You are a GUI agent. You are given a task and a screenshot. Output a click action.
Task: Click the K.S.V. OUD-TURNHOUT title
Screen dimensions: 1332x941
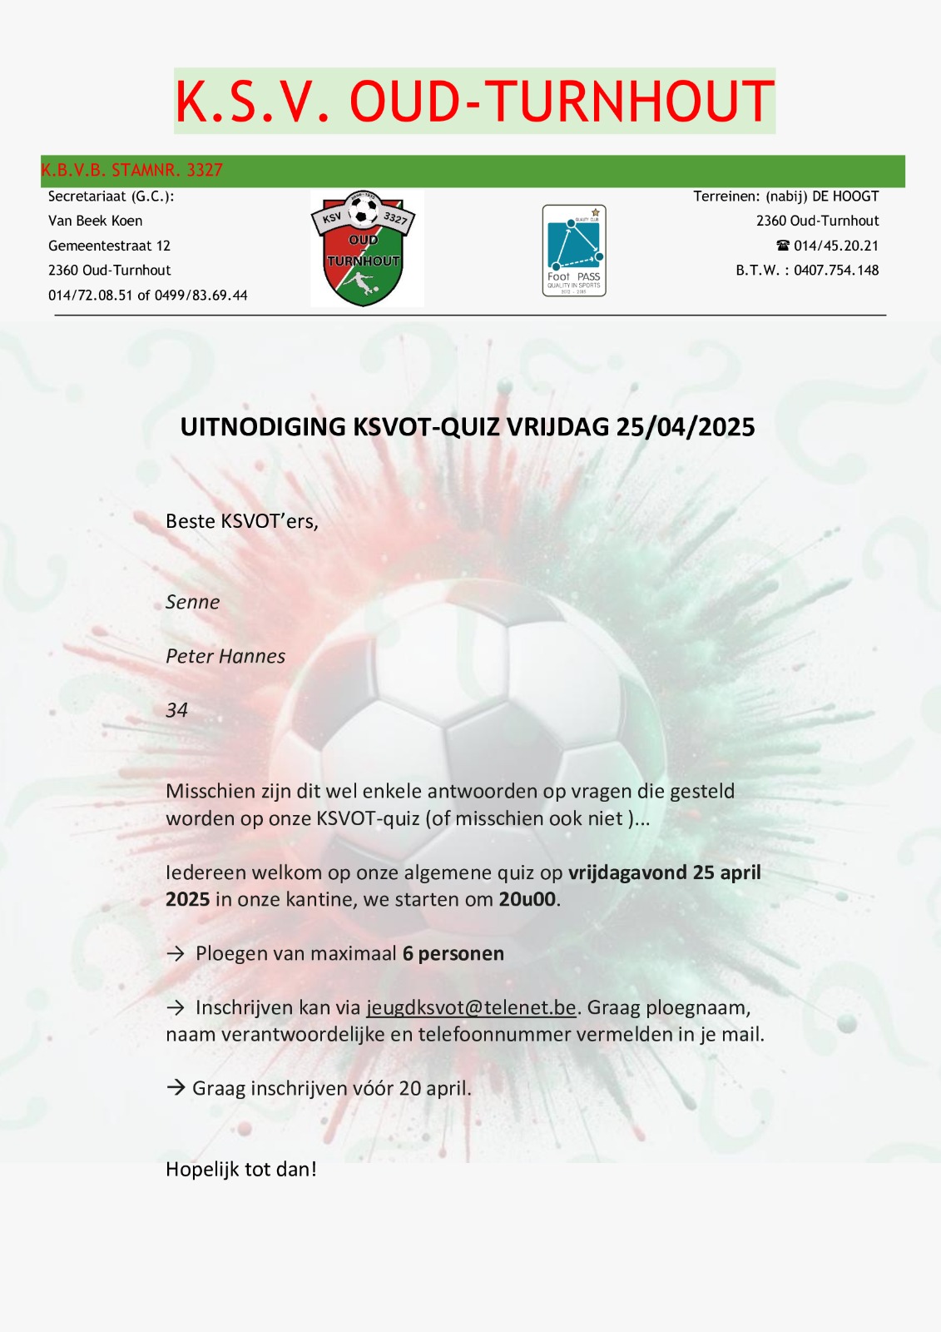click(474, 102)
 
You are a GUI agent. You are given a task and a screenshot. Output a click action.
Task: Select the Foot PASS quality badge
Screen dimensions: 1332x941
click(574, 251)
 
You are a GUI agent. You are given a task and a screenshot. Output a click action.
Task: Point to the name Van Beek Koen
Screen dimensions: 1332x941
click(95, 221)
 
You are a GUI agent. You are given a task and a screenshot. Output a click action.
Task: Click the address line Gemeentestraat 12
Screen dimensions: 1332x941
click(109, 246)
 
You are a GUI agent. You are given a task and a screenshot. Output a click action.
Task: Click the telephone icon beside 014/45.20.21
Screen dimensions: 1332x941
click(782, 246)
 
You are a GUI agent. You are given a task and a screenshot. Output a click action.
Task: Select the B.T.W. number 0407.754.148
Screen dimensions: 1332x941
click(836, 271)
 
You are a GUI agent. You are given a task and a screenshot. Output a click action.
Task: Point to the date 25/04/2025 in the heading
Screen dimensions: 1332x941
click(686, 427)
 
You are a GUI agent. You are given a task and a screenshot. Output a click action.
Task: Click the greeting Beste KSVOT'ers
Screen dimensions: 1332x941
click(241, 521)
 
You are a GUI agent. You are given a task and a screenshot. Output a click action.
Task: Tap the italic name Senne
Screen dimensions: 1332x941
click(192, 602)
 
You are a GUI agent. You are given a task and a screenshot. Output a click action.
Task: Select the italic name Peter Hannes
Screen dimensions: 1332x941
click(225, 656)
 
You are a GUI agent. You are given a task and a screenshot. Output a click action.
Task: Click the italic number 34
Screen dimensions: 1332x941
click(176, 710)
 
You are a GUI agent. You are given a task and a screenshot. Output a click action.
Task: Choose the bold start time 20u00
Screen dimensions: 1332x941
click(527, 900)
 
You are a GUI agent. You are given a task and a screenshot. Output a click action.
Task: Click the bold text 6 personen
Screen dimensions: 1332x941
click(453, 954)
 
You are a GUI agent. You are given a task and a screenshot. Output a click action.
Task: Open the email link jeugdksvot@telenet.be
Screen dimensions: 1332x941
click(471, 1008)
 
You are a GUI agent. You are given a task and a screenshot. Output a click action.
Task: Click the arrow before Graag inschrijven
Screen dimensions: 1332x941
click(176, 1087)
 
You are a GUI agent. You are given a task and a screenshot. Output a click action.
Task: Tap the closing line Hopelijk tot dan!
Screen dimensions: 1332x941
click(241, 1170)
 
